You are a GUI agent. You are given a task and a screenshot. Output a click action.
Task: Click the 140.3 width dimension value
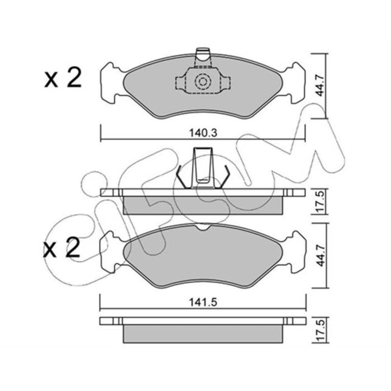click(x=203, y=132)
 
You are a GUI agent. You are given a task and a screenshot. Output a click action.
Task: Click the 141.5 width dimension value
click(x=203, y=302)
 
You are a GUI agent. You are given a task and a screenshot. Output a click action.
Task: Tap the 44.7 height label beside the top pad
click(x=320, y=86)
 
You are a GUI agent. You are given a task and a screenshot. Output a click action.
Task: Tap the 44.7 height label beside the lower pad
click(x=320, y=255)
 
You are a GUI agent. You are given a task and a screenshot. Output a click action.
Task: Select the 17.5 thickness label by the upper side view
click(x=320, y=202)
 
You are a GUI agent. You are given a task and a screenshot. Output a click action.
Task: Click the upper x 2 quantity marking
click(x=63, y=78)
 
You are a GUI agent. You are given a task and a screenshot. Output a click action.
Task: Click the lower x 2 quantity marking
click(x=61, y=247)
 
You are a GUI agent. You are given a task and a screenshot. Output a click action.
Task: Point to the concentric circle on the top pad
click(x=203, y=81)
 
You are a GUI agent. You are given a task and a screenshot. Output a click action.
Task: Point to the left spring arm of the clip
click(x=181, y=177)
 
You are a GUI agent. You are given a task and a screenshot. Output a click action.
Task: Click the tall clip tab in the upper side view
click(x=203, y=168)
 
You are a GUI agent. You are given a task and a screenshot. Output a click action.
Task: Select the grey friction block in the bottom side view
click(x=203, y=334)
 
